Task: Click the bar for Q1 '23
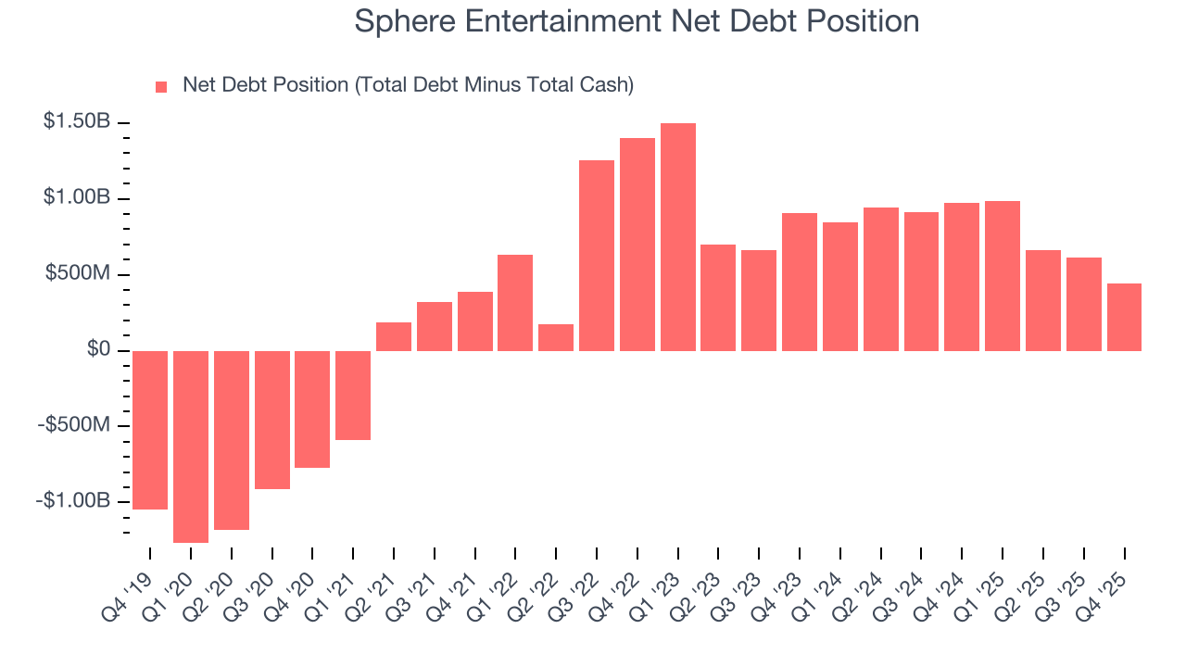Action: [x=678, y=237]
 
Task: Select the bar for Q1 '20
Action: [x=191, y=447]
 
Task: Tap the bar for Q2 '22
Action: [x=556, y=337]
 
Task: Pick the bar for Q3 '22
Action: [x=597, y=256]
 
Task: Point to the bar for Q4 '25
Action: [x=1124, y=317]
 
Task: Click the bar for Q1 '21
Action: [x=353, y=396]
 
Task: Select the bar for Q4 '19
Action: [x=150, y=430]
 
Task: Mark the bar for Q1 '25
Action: [x=1003, y=276]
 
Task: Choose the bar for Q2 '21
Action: [x=394, y=336]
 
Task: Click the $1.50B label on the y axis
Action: [x=77, y=122]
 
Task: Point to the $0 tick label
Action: [x=99, y=350]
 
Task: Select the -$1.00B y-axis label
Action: [x=73, y=501]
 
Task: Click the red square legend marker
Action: [x=161, y=87]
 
